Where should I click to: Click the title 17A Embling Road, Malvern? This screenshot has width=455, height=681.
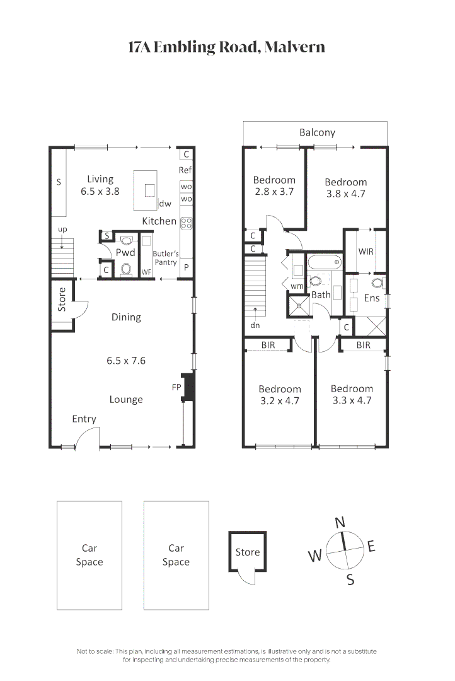(227, 47)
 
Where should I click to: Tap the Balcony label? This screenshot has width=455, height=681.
(317, 132)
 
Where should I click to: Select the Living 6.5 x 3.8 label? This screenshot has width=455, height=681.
(100, 185)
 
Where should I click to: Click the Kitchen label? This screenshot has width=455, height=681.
(159, 221)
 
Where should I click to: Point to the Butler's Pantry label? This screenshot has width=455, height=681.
(166, 258)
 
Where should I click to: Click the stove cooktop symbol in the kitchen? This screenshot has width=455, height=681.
(187, 222)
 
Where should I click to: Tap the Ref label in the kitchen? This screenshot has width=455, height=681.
(185, 170)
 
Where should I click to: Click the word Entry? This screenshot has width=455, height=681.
(84, 419)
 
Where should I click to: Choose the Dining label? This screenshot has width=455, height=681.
(126, 317)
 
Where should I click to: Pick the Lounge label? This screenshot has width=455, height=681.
(126, 399)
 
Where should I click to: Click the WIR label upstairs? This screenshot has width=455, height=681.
(366, 251)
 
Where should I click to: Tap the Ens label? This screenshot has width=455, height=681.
(372, 298)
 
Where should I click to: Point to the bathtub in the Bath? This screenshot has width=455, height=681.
(324, 262)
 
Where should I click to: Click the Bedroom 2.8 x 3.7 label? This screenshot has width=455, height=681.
(274, 186)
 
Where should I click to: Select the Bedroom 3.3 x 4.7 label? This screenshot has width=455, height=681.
(352, 394)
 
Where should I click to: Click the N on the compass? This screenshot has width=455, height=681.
(340, 522)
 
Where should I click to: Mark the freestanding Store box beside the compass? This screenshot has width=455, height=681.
(247, 552)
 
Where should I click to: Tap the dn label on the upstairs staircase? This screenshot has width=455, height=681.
(255, 325)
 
